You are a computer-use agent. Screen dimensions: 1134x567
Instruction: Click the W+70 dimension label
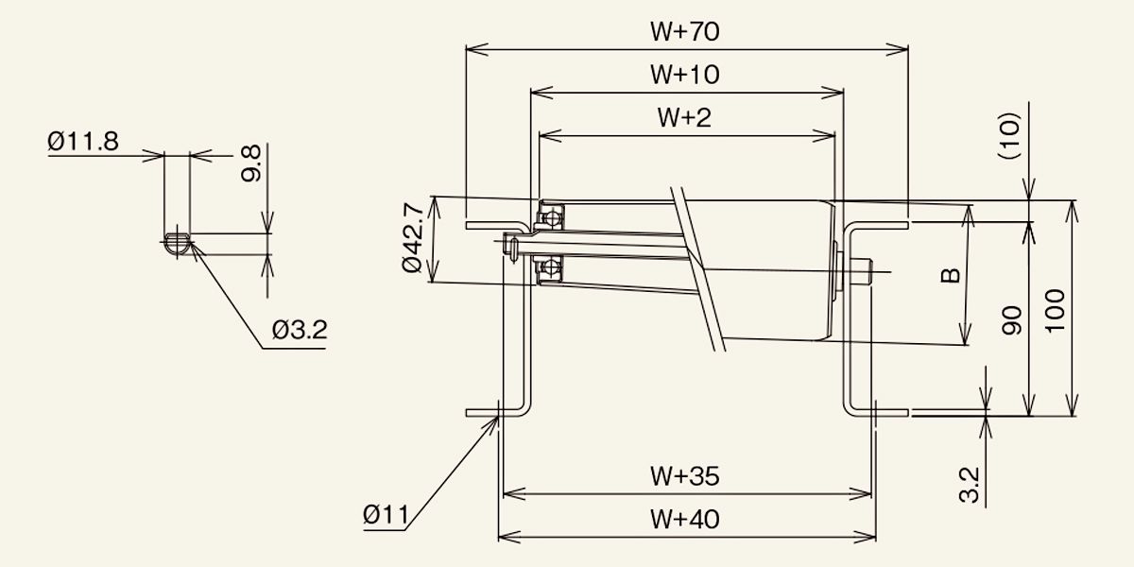(x=684, y=31)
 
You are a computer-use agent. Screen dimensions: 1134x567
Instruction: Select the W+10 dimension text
(x=684, y=75)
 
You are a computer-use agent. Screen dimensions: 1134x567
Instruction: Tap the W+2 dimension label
(x=684, y=117)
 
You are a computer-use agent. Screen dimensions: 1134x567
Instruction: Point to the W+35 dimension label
(x=684, y=476)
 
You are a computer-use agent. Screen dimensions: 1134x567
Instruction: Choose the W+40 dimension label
(x=684, y=520)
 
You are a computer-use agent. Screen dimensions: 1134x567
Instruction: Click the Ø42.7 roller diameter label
(x=413, y=237)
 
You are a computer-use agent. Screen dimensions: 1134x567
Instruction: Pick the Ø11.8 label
(x=83, y=141)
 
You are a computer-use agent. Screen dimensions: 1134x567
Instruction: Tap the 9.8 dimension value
(x=251, y=163)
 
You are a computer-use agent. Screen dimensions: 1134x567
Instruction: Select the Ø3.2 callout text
(x=300, y=330)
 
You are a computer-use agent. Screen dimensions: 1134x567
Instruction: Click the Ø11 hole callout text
(x=386, y=515)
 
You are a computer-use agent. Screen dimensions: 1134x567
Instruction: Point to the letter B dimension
(x=951, y=275)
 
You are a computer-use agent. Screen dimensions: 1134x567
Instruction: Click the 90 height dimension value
(x=1012, y=320)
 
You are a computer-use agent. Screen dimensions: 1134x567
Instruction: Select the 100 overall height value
(x=1055, y=311)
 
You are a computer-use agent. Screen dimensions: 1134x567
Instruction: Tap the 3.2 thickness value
(x=970, y=485)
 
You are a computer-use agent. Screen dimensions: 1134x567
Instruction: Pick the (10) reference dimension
(x=1008, y=136)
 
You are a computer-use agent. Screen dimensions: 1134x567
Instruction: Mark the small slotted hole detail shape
(x=178, y=244)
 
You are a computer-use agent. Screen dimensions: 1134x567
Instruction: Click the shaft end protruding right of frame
(x=862, y=272)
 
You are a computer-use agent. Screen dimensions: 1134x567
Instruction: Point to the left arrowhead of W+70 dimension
(x=477, y=49)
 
